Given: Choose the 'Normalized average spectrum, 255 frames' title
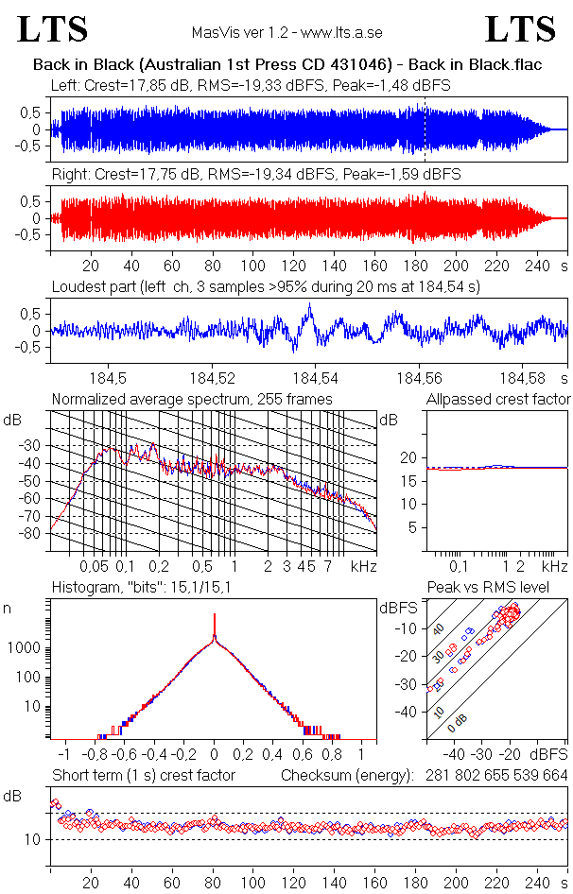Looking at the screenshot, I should pos(192,399).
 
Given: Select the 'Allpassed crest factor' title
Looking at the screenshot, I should pos(498,399).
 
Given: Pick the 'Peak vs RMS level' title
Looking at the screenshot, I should pos(501,588).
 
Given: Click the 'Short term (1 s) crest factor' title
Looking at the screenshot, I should pos(143,775).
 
